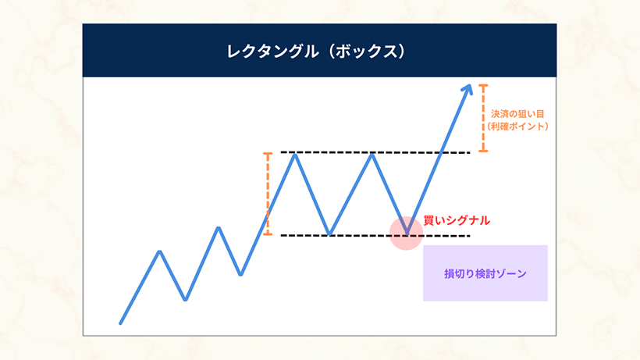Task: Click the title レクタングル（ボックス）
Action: [x=316, y=52]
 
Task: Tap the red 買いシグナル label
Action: [x=457, y=220]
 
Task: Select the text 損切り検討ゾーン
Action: [x=485, y=273]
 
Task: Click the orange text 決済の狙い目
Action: [x=517, y=114]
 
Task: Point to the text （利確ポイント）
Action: [x=517, y=127]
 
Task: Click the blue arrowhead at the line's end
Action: [x=468, y=90]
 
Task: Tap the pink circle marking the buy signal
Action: [x=406, y=233]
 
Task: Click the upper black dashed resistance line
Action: [x=375, y=152]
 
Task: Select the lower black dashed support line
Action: [x=375, y=236]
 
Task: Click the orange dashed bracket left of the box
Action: [x=268, y=194]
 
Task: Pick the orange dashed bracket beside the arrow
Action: [x=483, y=118]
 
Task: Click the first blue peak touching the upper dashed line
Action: [x=295, y=155]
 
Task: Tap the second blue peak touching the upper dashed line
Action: [x=372, y=155]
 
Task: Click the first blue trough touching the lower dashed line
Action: [x=330, y=233]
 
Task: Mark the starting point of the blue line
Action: [x=120, y=323]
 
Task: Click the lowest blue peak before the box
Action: [x=160, y=252]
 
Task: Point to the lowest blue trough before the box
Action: [x=186, y=299]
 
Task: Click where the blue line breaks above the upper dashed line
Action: [x=441, y=152]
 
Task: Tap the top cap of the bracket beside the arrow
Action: [x=483, y=85]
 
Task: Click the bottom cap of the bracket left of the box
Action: [x=268, y=234]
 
